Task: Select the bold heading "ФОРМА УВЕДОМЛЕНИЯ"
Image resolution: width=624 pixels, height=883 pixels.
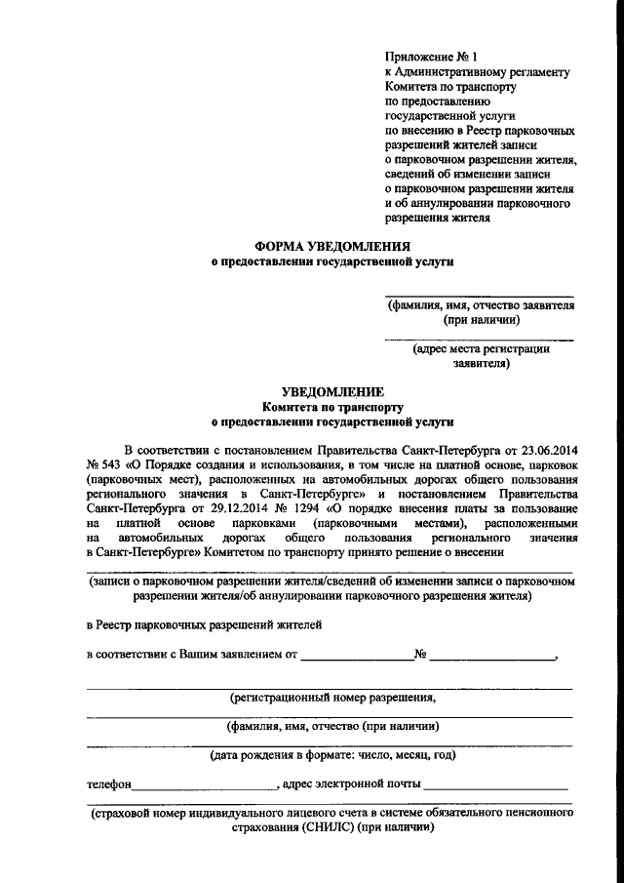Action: pos(332,247)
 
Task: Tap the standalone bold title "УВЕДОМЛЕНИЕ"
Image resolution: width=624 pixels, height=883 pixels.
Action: pos(332,389)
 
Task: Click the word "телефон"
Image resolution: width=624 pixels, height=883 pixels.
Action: pos(108,783)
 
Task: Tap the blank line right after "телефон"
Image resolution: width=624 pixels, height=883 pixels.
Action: pos(206,785)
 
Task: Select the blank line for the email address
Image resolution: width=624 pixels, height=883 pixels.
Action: pos(496,785)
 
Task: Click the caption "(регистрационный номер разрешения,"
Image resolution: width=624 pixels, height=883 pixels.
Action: pos(332,698)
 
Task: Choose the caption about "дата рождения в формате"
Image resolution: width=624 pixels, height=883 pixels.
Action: pos(332,754)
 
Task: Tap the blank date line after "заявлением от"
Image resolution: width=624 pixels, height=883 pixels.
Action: pos(357,657)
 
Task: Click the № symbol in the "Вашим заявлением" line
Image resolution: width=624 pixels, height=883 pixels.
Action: pos(421,655)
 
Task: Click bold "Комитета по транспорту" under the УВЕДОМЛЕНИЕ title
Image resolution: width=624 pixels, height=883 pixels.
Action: pos(332,405)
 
